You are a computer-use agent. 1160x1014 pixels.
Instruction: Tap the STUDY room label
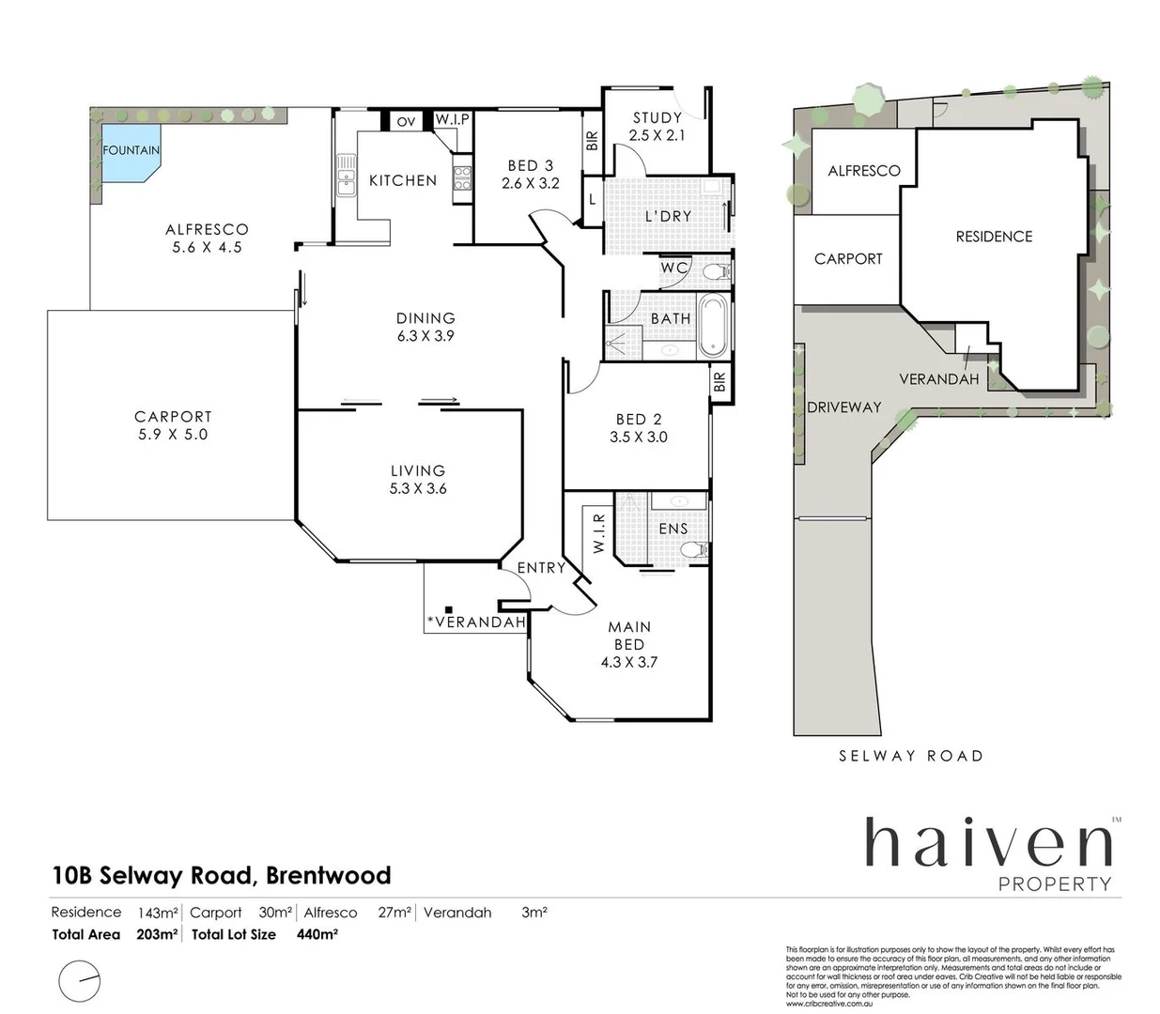(x=657, y=117)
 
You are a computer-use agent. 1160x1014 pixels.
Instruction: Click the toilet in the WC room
(x=716, y=272)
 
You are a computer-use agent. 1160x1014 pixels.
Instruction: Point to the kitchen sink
(x=346, y=176)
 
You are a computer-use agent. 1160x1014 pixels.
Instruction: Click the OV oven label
(x=406, y=121)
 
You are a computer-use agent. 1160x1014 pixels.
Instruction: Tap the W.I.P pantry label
(x=452, y=120)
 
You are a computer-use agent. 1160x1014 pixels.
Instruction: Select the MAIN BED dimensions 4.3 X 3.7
(x=629, y=662)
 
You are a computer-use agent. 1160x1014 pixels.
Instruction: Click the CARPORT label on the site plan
(x=848, y=259)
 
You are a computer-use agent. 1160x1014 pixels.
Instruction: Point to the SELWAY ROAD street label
(x=910, y=756)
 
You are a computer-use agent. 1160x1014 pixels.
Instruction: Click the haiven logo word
(x=987, y=842)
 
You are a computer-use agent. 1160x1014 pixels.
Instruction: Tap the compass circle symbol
(x=80, y=982)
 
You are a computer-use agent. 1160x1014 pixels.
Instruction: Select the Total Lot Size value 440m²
(x=317, y=934)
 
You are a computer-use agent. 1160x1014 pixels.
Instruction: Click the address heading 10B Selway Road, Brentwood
(x=222, y=875)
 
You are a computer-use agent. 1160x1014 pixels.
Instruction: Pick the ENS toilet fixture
(x=694, y=550)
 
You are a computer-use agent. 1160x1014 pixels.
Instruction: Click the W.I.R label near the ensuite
(x=599, y=532)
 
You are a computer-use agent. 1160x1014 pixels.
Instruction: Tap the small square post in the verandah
(x=450, y=608)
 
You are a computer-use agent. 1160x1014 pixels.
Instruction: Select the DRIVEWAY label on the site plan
(x=844, y=407)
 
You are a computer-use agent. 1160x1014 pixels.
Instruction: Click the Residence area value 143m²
(x=158, y=913)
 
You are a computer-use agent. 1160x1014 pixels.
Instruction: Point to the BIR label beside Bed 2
(x=719, y=382)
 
